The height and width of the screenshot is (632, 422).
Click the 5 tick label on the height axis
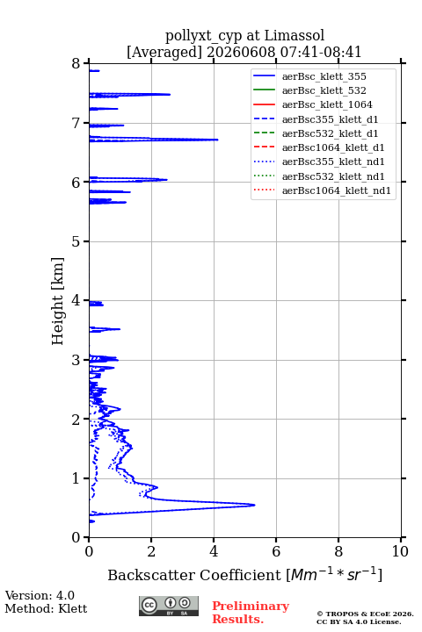pos(76,241)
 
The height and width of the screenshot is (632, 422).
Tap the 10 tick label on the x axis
pos(400,551)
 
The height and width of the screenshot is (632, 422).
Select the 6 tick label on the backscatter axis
pos(276,551)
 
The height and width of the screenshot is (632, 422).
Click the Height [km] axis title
pos(57,301)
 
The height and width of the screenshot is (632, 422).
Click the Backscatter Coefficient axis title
pos(244,575)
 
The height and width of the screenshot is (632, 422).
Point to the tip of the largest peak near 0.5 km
pos(255,505)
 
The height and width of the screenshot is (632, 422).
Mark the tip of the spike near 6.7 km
pos(218,140)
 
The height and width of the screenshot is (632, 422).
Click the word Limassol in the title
pos(294,35)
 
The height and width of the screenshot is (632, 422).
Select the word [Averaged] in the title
pos(164,52)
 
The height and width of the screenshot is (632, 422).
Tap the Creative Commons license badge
pos(169,606)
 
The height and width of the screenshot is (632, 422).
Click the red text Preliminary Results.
pos(251,612)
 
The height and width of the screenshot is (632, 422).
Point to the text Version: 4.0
pos(40,595)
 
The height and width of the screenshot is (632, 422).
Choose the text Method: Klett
pos(46,608)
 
